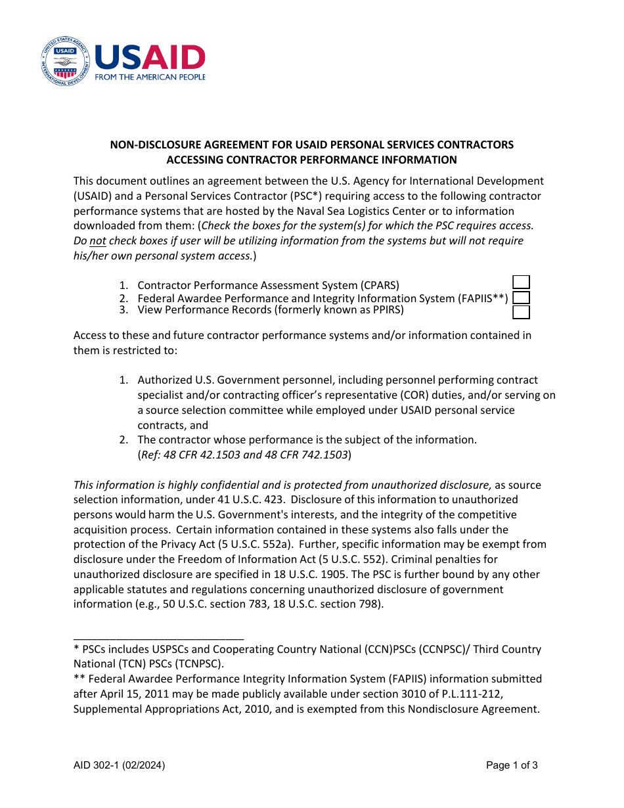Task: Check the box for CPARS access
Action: (521, 282)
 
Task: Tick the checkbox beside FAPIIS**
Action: (521, 298)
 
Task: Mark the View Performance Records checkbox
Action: (521, 312)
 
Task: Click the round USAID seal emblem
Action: (65, 61)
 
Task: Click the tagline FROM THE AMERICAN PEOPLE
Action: (150, 77)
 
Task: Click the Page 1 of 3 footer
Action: (512, 765)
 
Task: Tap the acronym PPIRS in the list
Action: (384, 309)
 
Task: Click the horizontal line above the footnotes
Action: (158, 639)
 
